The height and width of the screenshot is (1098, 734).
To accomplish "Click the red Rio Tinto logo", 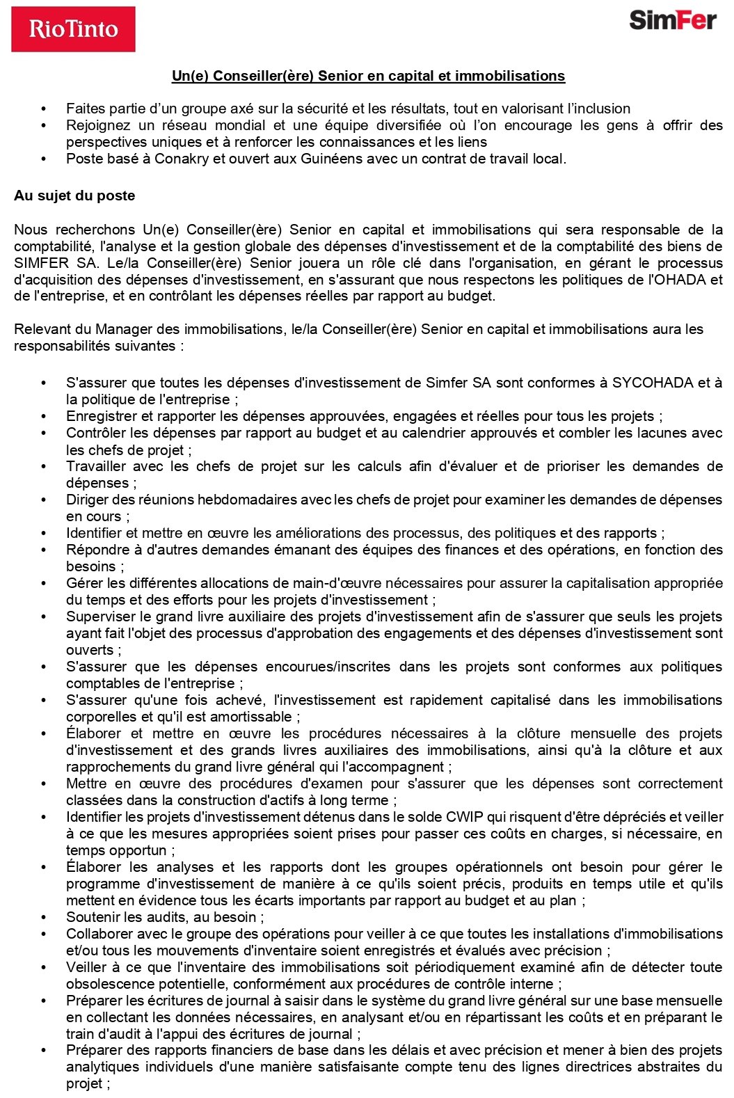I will [x=73, y=29].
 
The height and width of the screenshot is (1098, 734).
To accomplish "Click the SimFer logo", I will [x=672, y=20].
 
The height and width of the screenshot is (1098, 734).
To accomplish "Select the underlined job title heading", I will [x=368, y=76].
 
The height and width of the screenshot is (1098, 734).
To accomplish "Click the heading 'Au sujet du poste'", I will [x=74, y=196].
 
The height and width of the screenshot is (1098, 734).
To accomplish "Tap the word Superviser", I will [x=99, y=616].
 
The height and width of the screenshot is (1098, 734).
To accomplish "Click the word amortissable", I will [x=256, y=717].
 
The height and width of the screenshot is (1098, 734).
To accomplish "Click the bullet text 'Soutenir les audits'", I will [x=165, y=917].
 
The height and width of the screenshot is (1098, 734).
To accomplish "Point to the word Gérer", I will [x=83, y=583].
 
